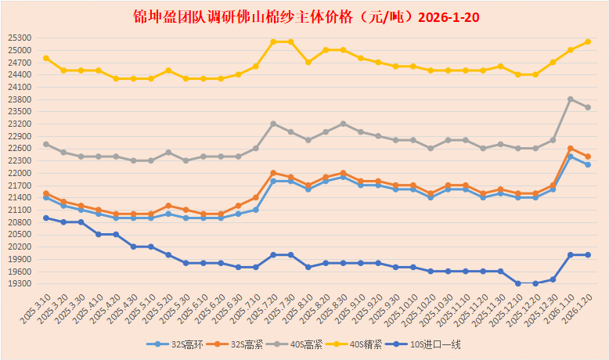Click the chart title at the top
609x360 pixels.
coord(304,16)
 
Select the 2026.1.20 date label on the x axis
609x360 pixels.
coord(577,313)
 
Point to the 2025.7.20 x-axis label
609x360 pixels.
coord(262,313)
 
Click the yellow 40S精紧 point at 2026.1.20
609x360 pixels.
coord(587,41)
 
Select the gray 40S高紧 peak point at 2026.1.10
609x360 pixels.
coord(570,99)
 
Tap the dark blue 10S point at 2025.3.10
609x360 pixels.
coord(46,218)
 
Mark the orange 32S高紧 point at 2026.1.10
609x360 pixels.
coord(570,148)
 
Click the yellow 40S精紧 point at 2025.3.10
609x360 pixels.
coord(46,58)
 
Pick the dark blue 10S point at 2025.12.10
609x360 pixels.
coord(517,283)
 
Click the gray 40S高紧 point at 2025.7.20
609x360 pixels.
coord(273,124)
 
